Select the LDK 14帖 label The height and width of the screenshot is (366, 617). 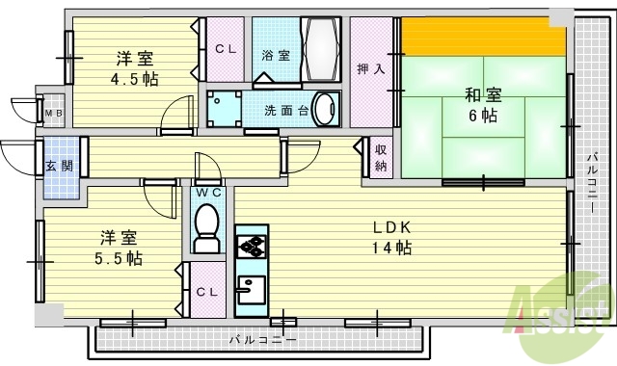393,237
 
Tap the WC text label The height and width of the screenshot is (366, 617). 208,192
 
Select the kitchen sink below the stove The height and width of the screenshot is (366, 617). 252,288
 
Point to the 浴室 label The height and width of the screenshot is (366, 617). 276,56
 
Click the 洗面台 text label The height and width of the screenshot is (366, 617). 286,110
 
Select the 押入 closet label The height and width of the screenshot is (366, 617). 370,68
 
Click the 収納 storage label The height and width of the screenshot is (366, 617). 382,156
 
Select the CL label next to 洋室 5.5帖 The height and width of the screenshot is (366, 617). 206,292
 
